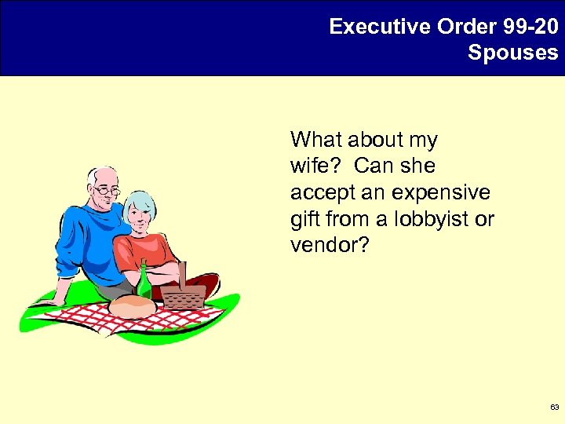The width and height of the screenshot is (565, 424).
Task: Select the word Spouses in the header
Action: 513,53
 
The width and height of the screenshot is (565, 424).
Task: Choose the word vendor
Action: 328,245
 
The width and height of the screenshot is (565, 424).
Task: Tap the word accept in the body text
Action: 315,192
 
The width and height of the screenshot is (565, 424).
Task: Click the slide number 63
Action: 555,408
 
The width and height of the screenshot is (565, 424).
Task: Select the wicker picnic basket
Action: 183,294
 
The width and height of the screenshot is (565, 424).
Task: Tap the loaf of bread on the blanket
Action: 132,307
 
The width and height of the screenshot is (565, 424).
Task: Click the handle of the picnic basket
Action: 183,274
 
